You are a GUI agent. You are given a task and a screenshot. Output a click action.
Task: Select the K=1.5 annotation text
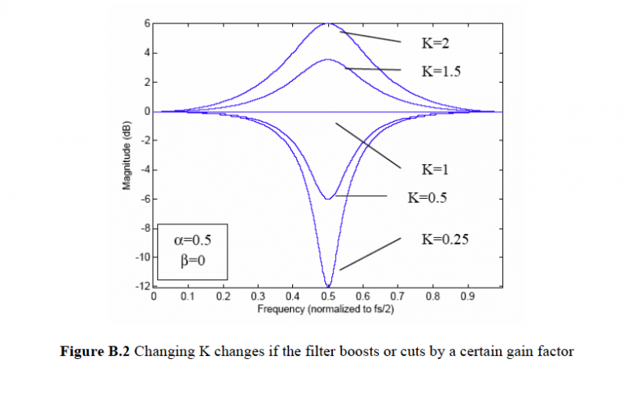tap(441, 70)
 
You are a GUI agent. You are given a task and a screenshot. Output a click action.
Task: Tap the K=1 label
tap(435, 168)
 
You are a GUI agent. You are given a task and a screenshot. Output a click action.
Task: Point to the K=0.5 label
tap(427, 198)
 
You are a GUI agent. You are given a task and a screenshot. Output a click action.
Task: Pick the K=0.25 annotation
tap(445, 239)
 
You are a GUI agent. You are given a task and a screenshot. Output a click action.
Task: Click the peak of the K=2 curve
tap(328, 23)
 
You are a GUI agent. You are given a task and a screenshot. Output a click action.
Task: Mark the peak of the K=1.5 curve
tap(328, 59)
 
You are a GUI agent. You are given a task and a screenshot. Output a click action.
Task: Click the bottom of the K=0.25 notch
tap(328, 286)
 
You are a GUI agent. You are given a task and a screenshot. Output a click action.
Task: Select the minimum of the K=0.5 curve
tap(328, 199)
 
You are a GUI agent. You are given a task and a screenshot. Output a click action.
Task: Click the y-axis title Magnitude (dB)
tap(125, 156)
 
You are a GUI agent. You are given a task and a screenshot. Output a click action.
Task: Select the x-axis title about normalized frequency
tap(328, 310)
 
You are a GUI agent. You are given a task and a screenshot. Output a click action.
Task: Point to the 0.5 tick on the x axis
tap(328, 297)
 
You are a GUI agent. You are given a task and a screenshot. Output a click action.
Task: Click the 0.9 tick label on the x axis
tap(468, 297)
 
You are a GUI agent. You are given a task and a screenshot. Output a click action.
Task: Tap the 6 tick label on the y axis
tap(146, 23)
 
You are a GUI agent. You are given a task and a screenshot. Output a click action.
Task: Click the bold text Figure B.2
tap(95, 352)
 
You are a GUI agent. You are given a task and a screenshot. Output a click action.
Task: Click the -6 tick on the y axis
tap(145, 199)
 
